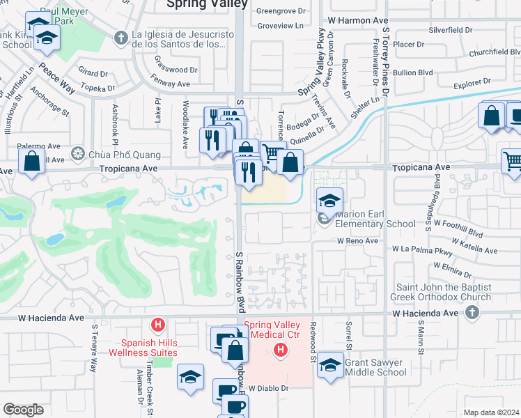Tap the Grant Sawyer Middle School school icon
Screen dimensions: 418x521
[330, 364]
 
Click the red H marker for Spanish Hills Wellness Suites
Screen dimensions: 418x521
[159, 325]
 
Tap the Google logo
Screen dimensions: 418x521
[23, 410]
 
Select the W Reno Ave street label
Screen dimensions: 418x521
[357, 241]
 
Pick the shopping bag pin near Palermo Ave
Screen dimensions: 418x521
[32, 162]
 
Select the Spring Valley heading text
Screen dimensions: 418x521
[207, 4]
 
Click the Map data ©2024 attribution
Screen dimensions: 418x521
[491, 412]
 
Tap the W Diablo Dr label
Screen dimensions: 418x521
[268, 388]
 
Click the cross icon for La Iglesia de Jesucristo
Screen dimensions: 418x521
[120, 37]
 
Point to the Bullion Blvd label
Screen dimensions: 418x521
[435, 72]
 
